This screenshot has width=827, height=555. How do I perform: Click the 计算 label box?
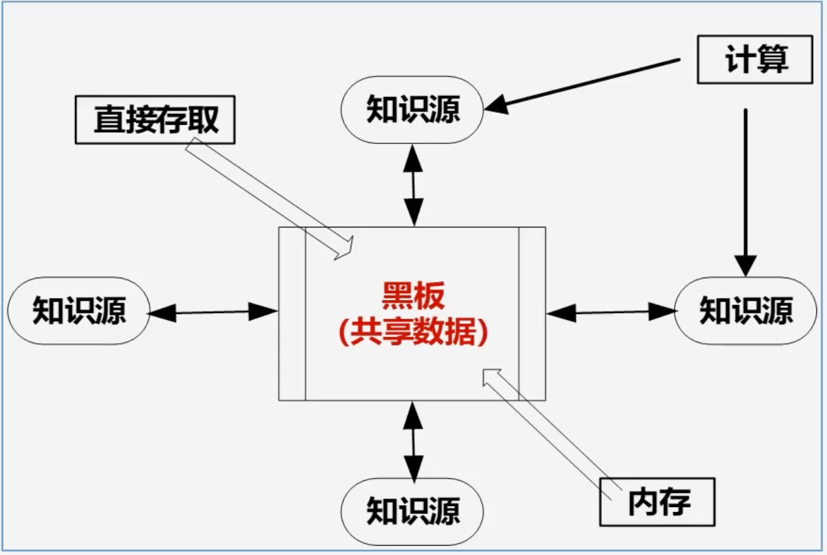(754, 60)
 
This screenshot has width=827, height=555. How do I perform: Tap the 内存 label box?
(657, 502)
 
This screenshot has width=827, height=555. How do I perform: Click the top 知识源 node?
(413, 109)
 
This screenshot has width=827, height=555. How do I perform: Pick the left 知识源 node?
(79, 311)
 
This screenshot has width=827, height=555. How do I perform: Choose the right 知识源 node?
(745, 311)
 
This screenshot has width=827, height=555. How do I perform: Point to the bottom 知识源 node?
(413, 510)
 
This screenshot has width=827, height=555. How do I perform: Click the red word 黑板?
(413, 297)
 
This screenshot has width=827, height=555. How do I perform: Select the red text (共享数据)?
(413, 332)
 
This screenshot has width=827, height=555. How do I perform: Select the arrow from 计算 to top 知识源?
(586, 84)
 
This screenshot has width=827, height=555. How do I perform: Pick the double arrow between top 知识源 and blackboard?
(413, 185)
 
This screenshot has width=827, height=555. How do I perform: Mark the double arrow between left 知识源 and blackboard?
(213, 311)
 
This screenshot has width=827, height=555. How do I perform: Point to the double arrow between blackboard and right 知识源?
(610, 311)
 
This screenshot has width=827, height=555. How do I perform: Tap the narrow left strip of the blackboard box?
(292, 314)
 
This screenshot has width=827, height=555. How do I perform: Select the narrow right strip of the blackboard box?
(532, 314)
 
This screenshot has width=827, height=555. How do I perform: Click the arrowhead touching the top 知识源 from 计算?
(497, 105)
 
